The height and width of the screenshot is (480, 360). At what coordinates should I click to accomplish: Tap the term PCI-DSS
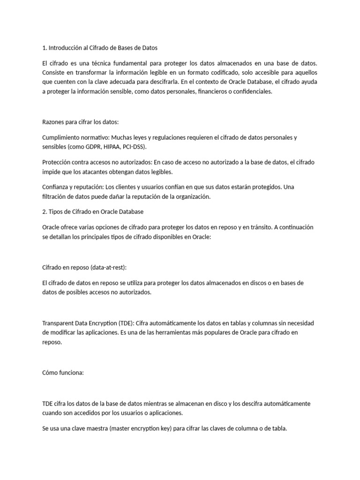coord(145,147)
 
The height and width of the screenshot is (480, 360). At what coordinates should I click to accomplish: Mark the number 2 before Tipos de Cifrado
coord(44,211)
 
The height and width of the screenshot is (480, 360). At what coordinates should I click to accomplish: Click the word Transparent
coord(59,323)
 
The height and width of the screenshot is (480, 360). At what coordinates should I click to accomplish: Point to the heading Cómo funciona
coord(62,373)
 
